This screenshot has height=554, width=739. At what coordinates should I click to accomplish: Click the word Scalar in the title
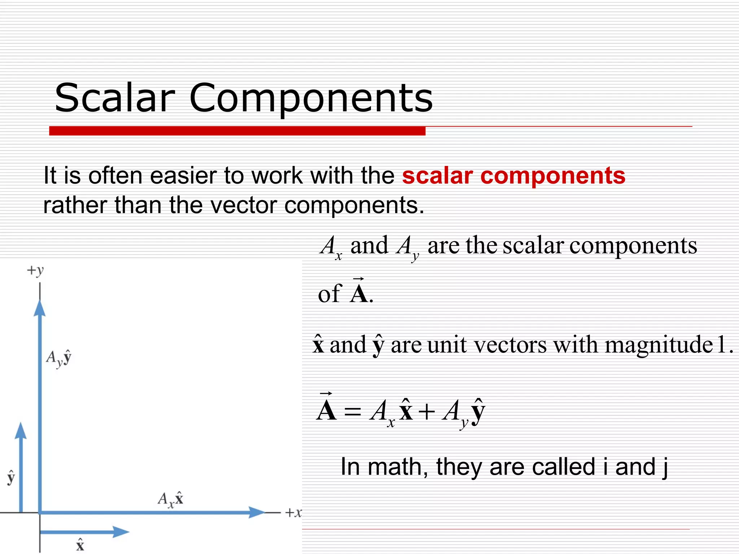[115, 97]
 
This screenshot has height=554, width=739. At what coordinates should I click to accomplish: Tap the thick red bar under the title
[237, 131]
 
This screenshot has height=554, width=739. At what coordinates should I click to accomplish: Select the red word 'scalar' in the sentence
[437, 176]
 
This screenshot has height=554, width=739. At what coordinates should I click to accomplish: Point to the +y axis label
[35, 270]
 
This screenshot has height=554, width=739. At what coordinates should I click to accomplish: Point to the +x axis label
[293, 513]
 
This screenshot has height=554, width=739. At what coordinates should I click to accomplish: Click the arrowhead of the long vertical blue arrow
[40, 308]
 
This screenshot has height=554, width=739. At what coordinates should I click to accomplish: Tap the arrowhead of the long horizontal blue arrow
[257, 512]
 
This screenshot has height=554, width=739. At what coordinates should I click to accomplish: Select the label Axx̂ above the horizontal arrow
[171, 499]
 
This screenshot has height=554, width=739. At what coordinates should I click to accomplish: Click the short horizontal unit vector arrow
[85, 532]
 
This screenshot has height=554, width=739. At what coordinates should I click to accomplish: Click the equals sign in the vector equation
[352, 412]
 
